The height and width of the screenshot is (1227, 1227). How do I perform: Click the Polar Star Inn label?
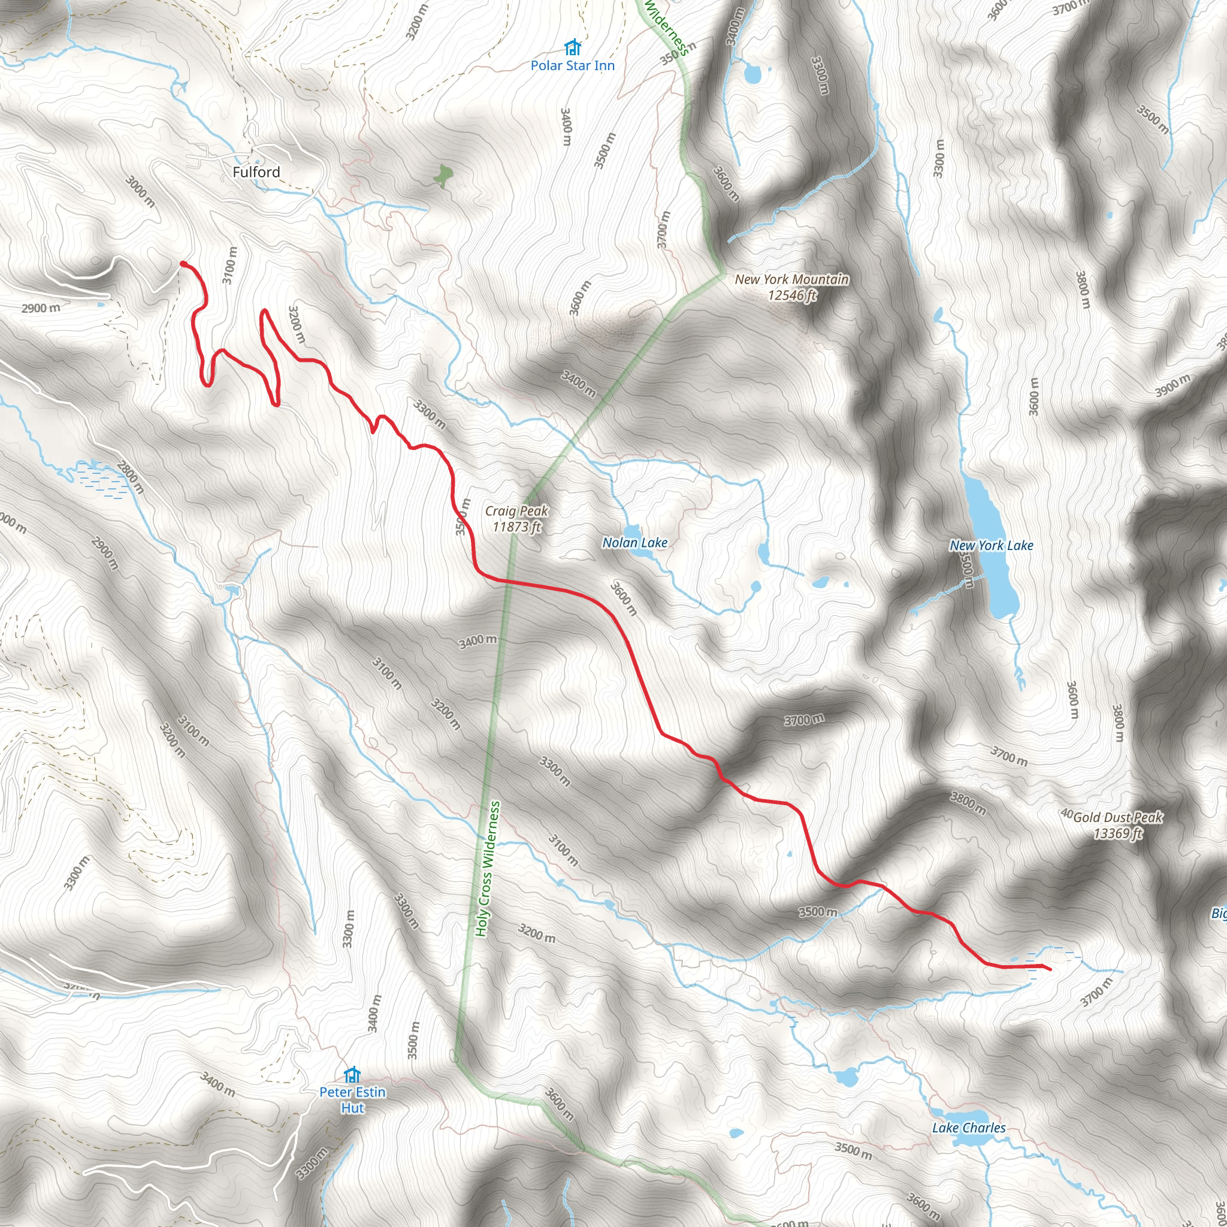click(x=572, y=65)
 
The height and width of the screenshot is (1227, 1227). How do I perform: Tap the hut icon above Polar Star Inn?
click(x=573, y=48)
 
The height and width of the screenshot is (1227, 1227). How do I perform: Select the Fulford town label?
click(x=256, y=172)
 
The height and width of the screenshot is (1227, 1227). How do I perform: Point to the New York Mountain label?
click(x=791, y=279)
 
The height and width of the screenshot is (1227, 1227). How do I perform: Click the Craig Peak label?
click(x=516, y=510)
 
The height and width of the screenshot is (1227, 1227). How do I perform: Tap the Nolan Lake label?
click(x=634, y=542)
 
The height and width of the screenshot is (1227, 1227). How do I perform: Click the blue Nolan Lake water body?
click(x=632, y=531)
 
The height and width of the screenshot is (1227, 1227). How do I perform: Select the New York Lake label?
click(x=991, y=545)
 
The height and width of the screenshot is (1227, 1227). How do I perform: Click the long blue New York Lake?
click(x=991, y=546)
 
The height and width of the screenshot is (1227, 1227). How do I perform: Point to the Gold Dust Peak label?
click(x=1118, y=817)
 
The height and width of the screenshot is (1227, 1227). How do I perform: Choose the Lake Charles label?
click(x=969, y=1128)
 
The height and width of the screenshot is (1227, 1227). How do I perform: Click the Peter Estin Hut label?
click(x=352, y=1099)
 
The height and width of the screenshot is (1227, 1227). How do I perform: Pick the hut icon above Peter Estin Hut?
click(x=352, y=1075)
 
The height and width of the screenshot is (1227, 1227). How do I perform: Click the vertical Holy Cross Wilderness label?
click(x=488, y=869)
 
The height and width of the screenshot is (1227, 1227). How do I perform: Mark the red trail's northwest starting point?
click(x=183, y=264)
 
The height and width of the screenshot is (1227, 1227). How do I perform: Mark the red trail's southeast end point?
click(x=1048, y=969)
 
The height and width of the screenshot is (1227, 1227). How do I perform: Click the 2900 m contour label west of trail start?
click(x=41, y=309)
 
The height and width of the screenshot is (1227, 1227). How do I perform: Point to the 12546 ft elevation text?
click(x=791, y=295)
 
